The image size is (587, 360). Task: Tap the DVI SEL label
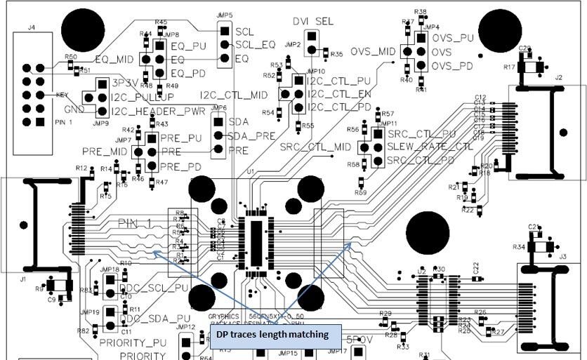[x=313, y=22]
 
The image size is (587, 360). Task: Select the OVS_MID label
[x=373, y=51]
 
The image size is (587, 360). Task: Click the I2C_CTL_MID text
[x=234, y=95]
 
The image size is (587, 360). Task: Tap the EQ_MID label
[x=114, y=60]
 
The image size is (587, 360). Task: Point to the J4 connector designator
[x=31, y=28]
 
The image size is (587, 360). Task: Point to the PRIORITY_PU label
[x=134, y=343]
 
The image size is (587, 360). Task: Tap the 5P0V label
[x=360, y=338]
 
